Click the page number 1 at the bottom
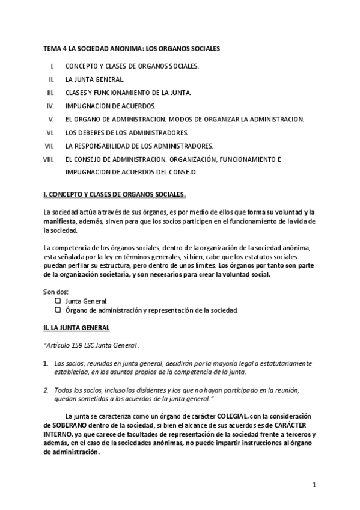click(314, 485)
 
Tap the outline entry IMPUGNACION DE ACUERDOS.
click(105, 106)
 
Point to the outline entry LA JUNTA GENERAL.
click(94, 79)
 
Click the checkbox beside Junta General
click(58, 301)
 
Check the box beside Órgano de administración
click(58, 310)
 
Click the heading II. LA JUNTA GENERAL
click(76, 328)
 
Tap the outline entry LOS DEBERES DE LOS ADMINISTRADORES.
click(126, 132)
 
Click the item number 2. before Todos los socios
click(46, 390)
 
